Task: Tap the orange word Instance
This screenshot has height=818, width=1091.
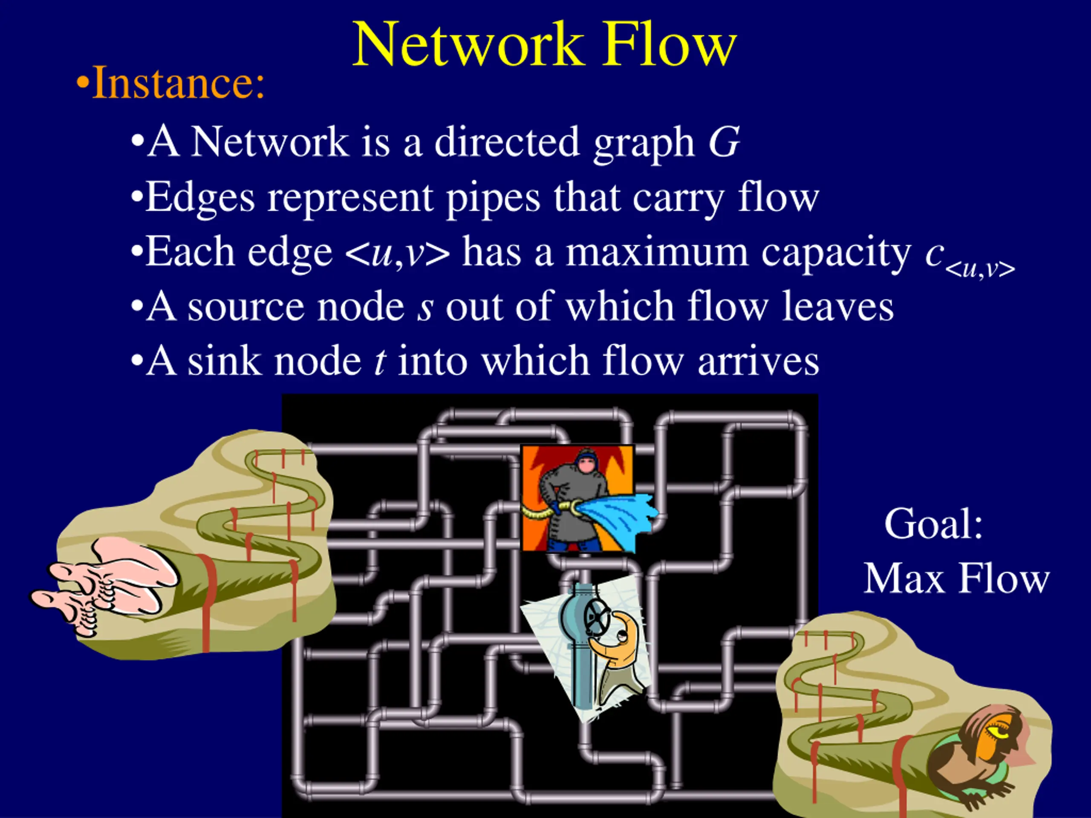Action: (178, 83)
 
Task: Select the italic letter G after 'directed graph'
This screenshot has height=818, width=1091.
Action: (724, 142)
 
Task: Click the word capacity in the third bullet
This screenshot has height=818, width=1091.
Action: (836, 252)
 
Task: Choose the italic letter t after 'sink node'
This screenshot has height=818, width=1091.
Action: (379, 361)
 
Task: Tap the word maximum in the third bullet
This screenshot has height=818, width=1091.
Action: (656, 252)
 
